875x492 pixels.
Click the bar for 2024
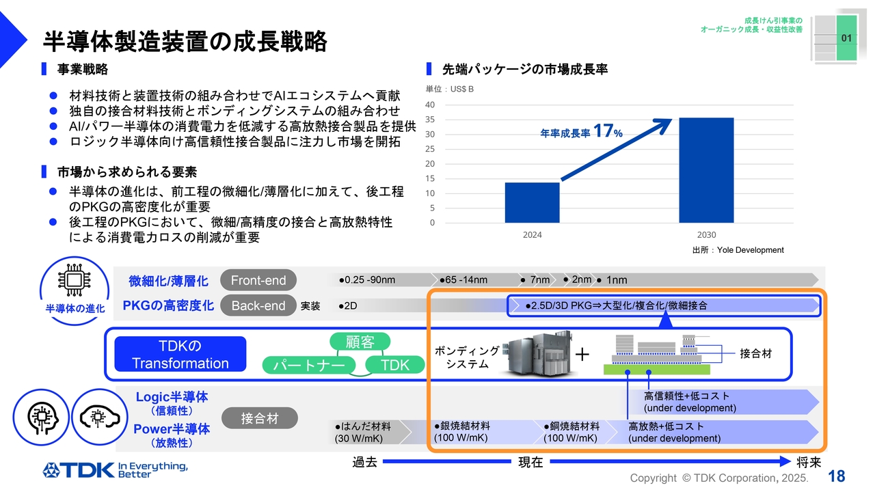pos(532,202)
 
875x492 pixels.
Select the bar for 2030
pos(706,170)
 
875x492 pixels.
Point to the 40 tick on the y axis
pos(430,105)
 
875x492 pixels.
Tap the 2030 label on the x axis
pos(706,234)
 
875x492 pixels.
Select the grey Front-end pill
pos(258,280)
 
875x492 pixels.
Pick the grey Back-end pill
pos(258,305)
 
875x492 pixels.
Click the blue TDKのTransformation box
pos(180,354)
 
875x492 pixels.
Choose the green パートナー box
pos(309,365)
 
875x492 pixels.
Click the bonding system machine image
pos(535,353)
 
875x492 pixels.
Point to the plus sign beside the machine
pos(582,354)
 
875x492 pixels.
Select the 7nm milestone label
pos(539,280)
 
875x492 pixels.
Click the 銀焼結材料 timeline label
pos(461,426)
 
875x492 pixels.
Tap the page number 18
pos(836,476)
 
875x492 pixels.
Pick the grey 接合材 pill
pos(259,418)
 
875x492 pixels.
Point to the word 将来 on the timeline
pos(809,463)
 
